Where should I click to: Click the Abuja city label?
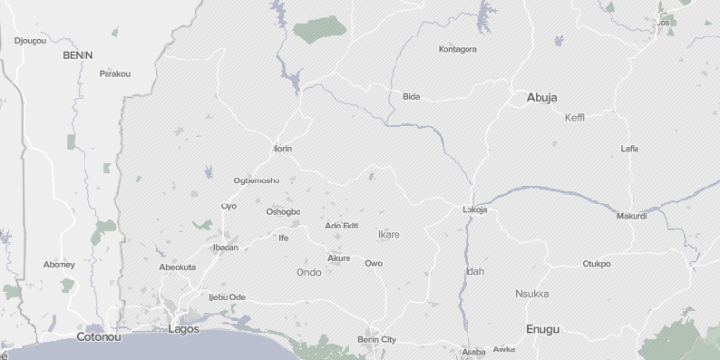[x=541, y=97]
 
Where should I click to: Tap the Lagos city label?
[x=182, y=329]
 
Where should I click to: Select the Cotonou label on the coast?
[x=99, y=337]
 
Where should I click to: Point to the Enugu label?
[x=542, y=329]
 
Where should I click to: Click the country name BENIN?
[x=78, y=55]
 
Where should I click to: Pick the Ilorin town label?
[x=282, y=149]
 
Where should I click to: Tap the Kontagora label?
[x=457, y=49]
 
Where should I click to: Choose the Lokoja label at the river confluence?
[x=474, y=210]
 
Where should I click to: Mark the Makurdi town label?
[x=632, y=216]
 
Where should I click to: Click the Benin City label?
[x=376, y=339]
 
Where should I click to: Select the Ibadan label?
[x=226, y=248]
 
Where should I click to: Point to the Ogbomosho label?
[x=256, y=180]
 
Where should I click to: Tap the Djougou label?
[x=31, y=41]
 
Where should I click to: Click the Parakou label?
[x=114, y=73]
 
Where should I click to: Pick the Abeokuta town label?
[x=178, y=267]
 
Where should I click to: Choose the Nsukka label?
[x=532, y=294]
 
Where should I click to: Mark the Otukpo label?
[x=596, y=264]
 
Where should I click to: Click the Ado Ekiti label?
[x=342, y=226]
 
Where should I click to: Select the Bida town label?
[x=411, y=96]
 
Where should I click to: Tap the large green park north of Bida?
[x=320, y=31]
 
